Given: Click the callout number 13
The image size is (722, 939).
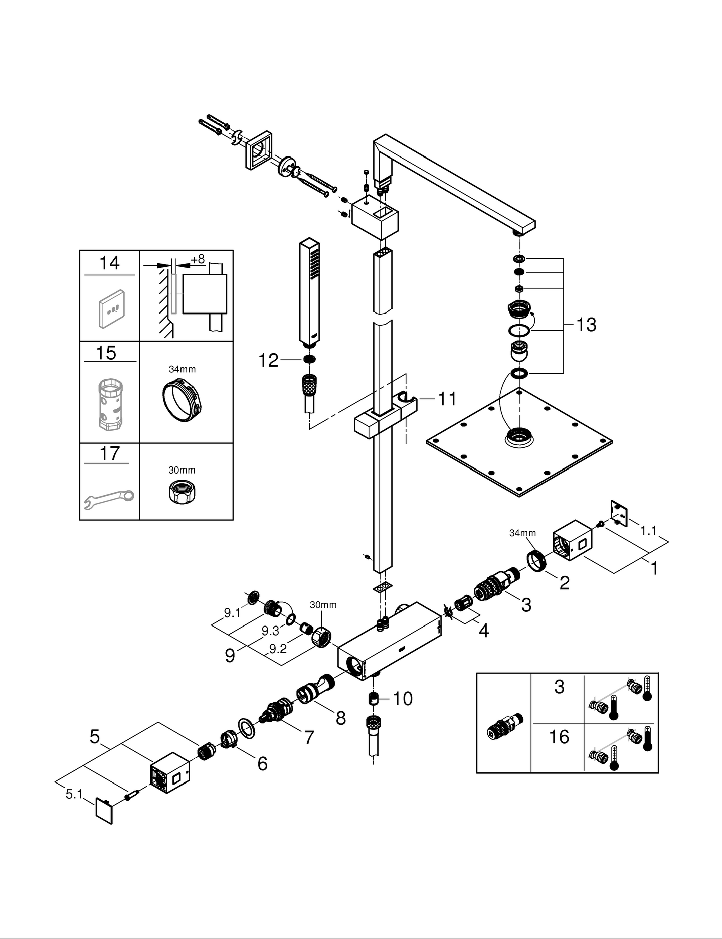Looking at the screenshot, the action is (586, 325).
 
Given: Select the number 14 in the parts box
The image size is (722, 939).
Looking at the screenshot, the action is (109, 263).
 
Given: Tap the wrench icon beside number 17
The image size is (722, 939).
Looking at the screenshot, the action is (109, 498).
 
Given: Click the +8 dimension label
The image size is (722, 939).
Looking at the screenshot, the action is (198, 259).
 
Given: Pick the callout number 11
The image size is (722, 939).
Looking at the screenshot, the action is (447, 399).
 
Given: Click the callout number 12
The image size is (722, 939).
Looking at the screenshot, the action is (268, 360).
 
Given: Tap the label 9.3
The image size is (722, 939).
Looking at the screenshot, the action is (270, 631).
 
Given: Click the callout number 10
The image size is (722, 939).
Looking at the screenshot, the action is (403, 698).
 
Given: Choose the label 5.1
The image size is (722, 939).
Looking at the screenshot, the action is (74, 794).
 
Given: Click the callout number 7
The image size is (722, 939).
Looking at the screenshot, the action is (309, 737).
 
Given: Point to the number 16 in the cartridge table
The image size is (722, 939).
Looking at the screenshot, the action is (559, 737).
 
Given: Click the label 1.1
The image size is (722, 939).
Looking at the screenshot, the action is (648, 531).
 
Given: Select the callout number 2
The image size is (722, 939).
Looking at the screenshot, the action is (564, 583).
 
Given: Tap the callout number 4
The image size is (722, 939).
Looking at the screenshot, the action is (483, 631).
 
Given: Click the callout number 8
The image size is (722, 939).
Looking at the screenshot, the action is (341, 718).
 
